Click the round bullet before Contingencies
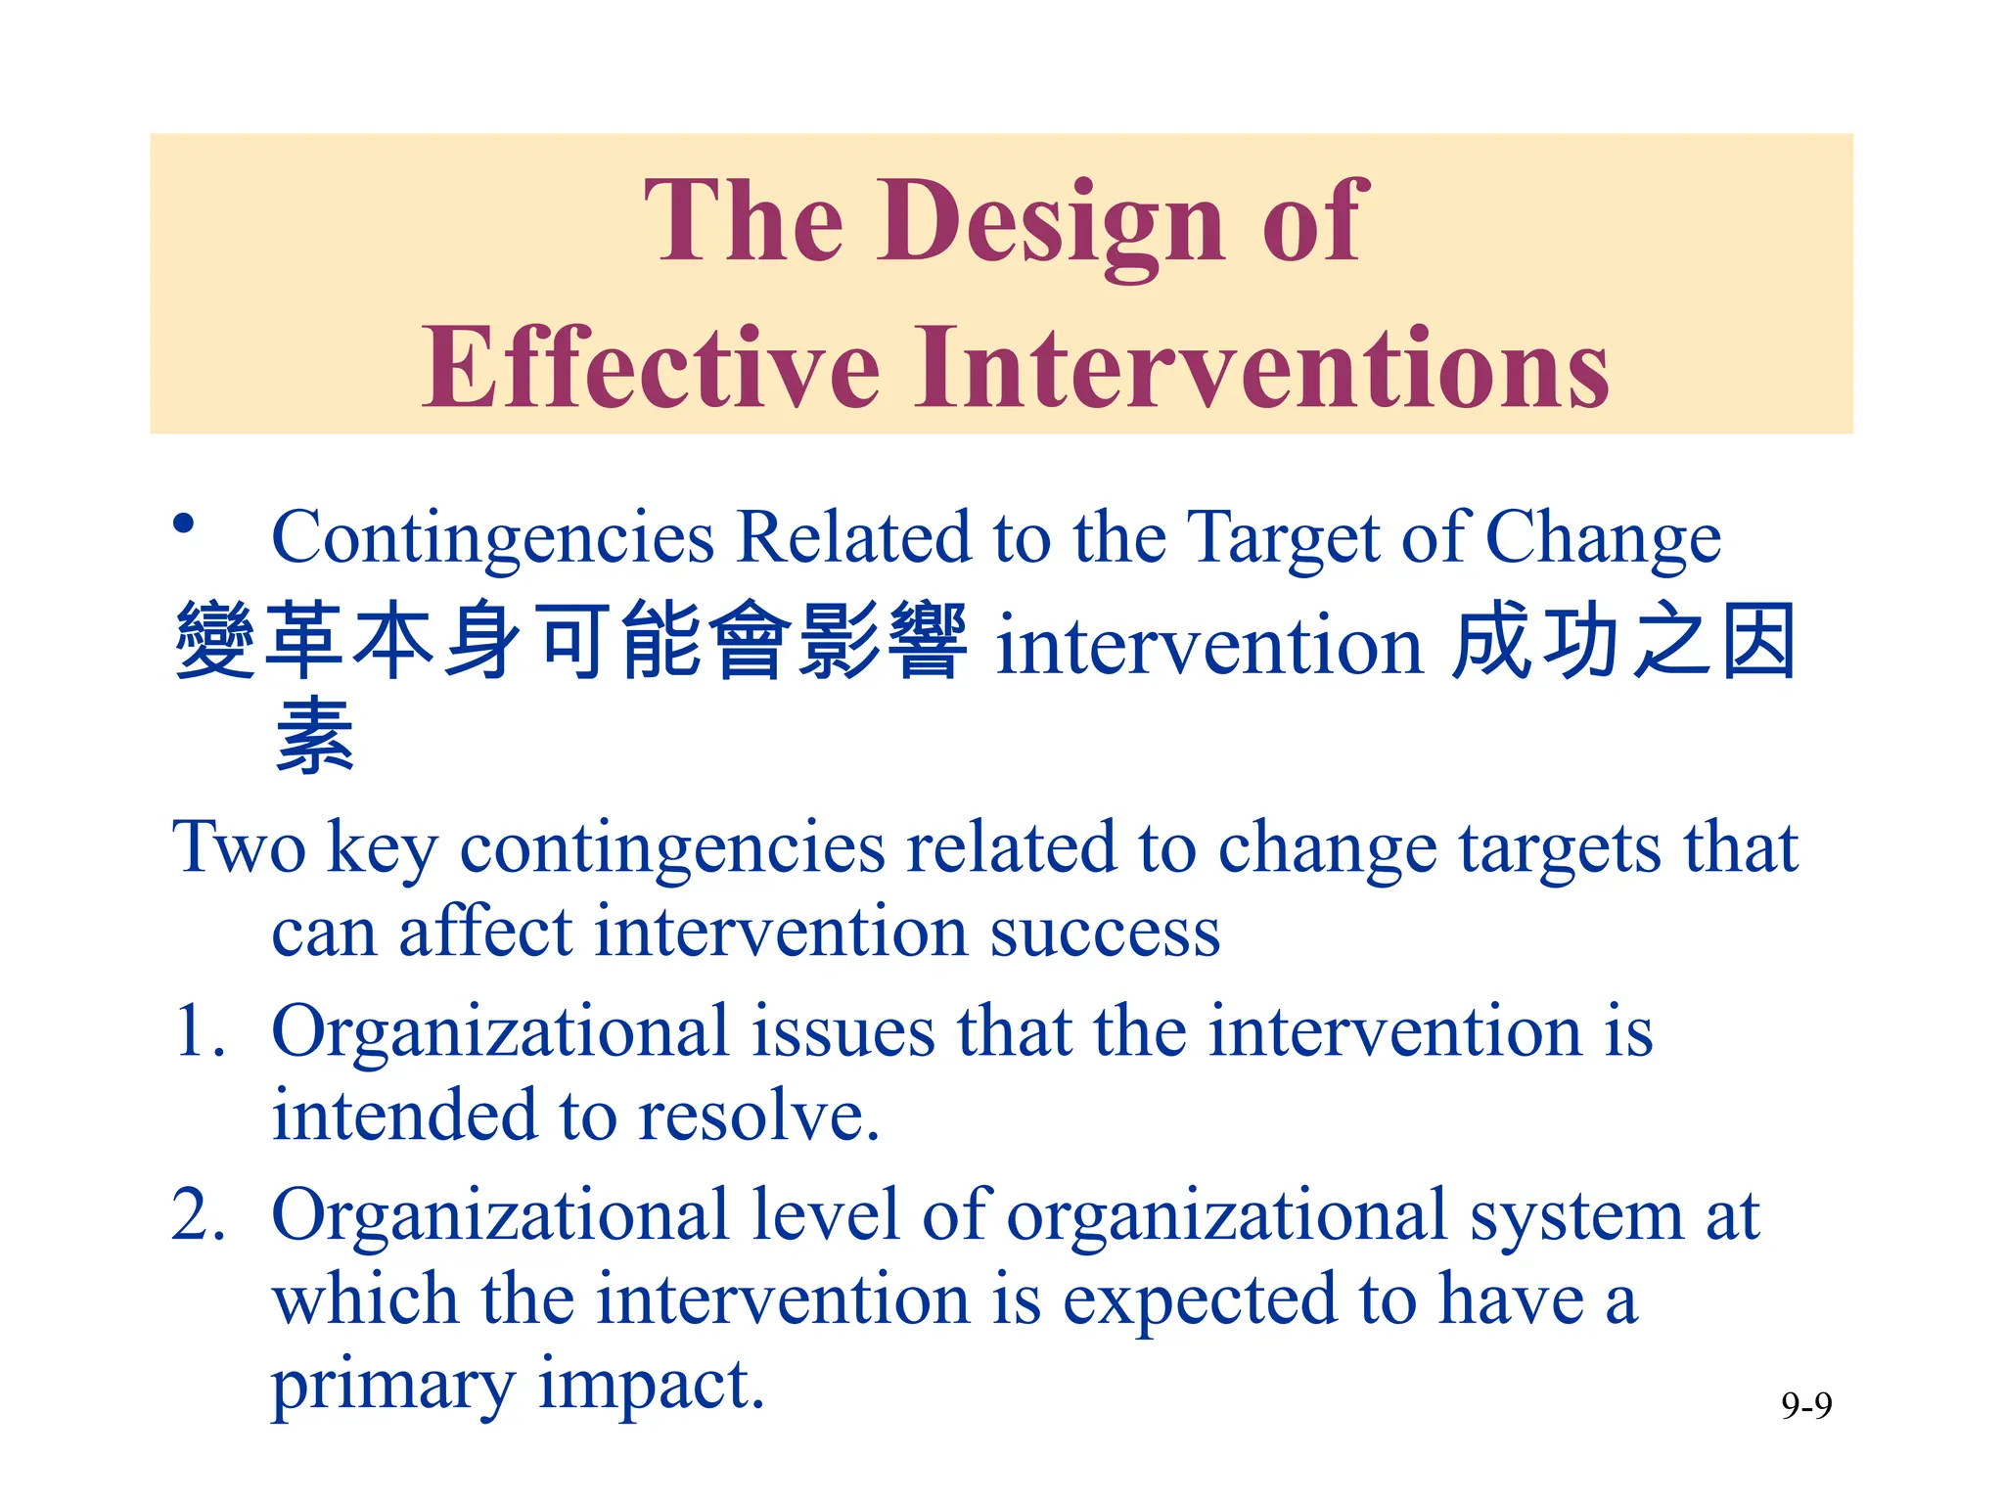coord(183,524)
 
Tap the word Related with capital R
coord(854,538)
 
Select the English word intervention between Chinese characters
coord(1208,647)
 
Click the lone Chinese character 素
coord(314,736)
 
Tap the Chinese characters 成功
coord(1533,643)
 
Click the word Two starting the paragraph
coord(239,847)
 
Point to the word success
coord(1105,933)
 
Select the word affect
coord(485,933)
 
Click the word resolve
coord(758,1116)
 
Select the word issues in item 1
coord(843,1032)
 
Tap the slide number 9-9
coord(1806,1406)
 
